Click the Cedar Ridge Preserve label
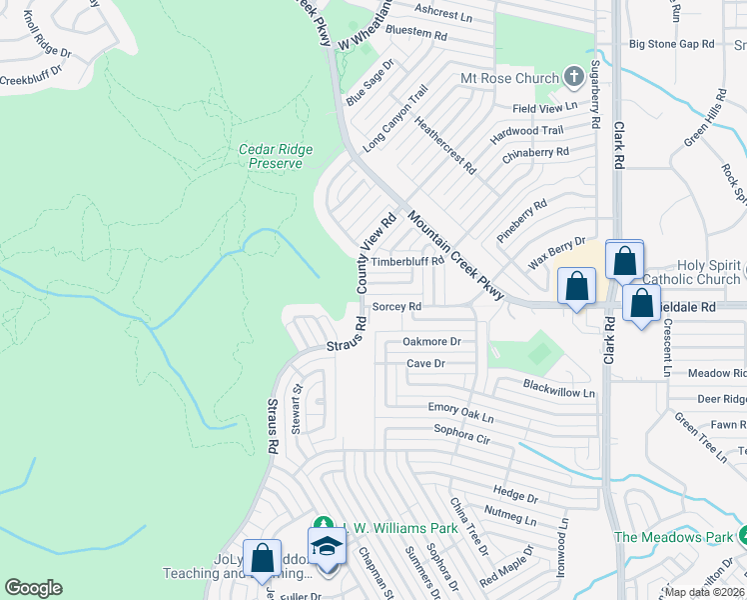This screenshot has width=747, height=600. click(x=276, y=156)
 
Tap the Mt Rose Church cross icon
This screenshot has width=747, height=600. click(x=573, y=77)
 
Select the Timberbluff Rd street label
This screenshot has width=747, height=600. click(x=406, y=262)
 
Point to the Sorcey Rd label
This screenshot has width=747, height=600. click(x=396, y=307)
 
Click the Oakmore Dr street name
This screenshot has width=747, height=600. click(x=431, y=341)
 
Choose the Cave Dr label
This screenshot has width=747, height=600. click(x=425, y=364)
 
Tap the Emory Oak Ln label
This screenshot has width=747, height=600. click(x=461, y=408)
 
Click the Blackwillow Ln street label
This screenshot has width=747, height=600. click(x=559, y=391)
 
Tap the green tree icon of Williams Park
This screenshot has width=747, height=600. click(x=322, y=524)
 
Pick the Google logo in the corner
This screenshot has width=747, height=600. click(x=33, y=588)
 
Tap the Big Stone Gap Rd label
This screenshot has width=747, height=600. click(x=672, y=44)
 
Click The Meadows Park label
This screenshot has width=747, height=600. click(x=672, y=537)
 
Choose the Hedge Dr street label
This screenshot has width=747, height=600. click(x=515, y=493)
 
